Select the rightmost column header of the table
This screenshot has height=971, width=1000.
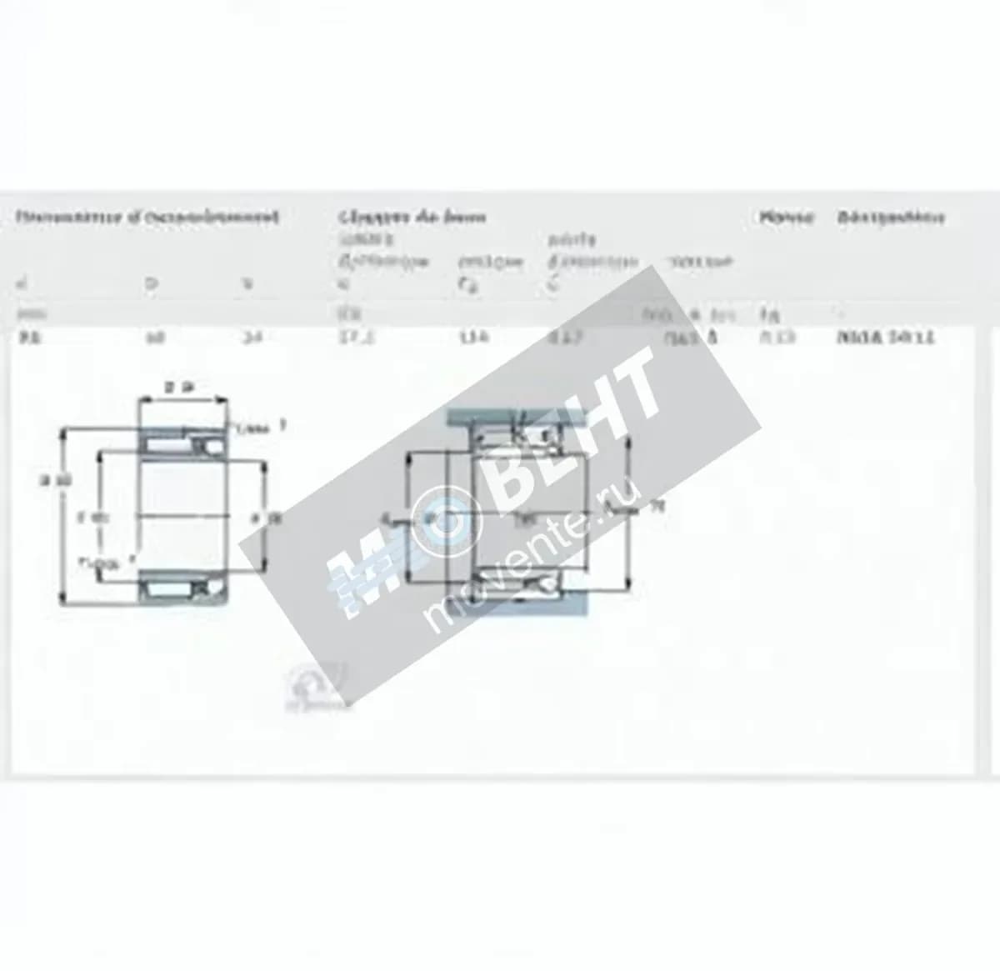pos(891,218)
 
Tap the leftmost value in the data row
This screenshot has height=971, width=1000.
pos(26,338)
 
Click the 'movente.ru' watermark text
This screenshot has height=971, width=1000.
pos(534,555)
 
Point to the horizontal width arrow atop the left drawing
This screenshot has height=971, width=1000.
pos(183,402)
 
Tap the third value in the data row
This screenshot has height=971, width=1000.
pos(248,338)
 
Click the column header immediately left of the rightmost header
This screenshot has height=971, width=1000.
pos(785,218)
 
